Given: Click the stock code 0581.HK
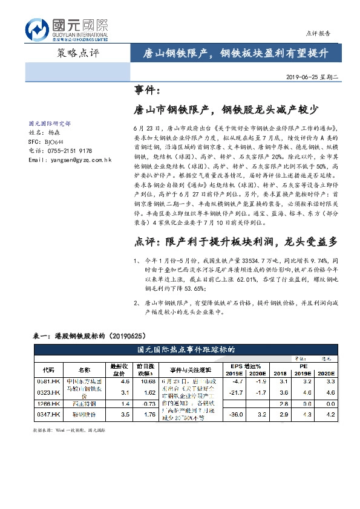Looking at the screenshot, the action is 48,381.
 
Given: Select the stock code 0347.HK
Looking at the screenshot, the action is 48,414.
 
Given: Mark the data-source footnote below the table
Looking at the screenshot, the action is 69,430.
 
